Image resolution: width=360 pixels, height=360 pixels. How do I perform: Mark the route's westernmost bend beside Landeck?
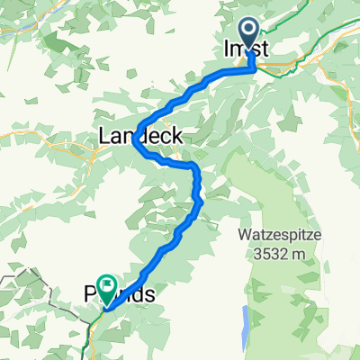[134, 140]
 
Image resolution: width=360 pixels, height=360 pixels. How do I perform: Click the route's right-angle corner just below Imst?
[252, 72]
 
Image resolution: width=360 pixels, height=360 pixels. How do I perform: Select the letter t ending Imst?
[266, 51]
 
